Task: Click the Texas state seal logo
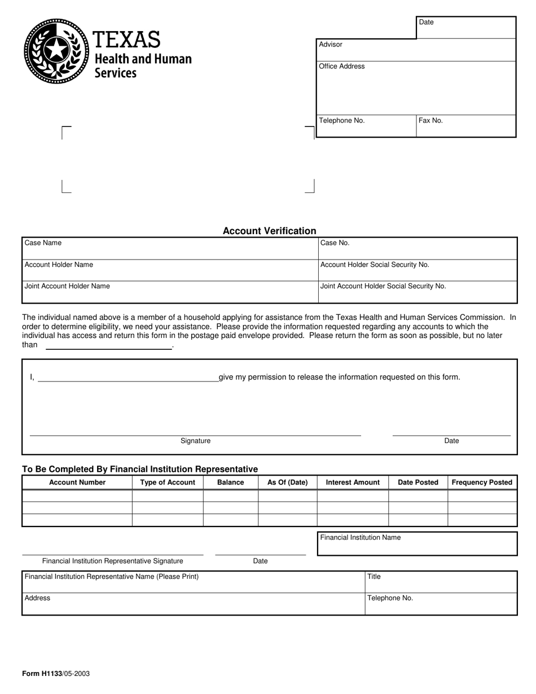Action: point(56,51)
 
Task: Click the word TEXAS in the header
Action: point(126,39)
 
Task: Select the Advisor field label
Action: point(331,45)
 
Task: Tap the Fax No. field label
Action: point(430,121)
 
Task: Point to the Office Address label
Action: point(342,67)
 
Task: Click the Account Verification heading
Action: point(269,231)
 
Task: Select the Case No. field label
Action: point(335,243)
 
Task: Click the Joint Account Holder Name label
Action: point(67,286)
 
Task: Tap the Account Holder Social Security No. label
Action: point(375,265)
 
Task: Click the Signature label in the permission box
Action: point(195,441)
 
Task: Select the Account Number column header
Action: point(77,482)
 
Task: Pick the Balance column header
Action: point(230,482)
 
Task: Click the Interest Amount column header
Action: point(353,482)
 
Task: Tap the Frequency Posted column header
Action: point(482,482)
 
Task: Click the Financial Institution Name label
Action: point(361,538)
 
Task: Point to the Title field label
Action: point(374,577)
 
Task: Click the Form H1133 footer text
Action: point(55,674)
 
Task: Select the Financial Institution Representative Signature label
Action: point(112,561)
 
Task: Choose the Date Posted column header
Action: point(418,482)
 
